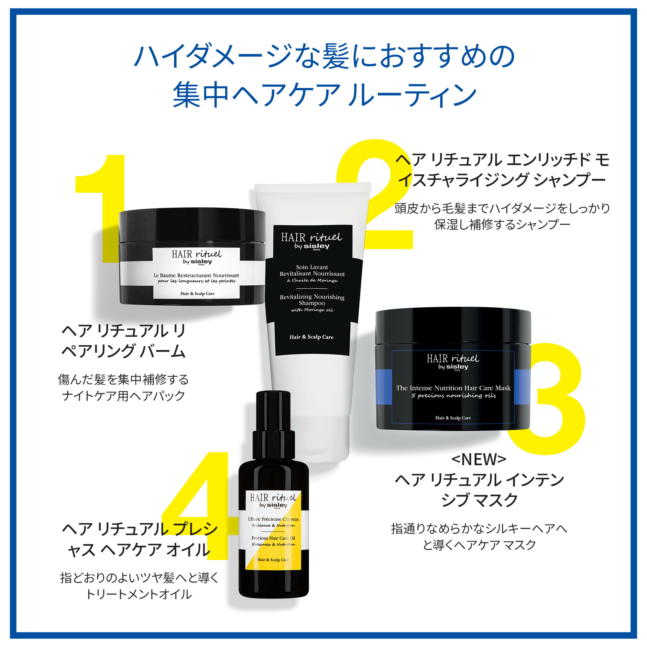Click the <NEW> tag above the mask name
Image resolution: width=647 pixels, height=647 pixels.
pos(478,459)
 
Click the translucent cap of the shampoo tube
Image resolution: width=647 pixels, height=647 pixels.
pos(312,439)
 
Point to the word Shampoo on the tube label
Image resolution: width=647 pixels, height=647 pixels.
pos(312,303)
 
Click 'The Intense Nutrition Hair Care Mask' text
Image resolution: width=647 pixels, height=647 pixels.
pos(453,388)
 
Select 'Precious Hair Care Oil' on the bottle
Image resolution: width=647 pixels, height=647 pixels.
pos(273,538)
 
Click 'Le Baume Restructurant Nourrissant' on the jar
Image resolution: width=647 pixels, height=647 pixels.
pos(196,275)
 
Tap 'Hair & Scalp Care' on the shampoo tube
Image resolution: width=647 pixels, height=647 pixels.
pos(312,337)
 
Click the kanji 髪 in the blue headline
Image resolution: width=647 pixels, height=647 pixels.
pos(336,56)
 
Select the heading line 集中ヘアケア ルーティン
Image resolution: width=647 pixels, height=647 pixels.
pos(324,95)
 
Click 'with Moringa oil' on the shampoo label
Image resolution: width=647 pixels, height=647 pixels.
pos(312,310)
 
